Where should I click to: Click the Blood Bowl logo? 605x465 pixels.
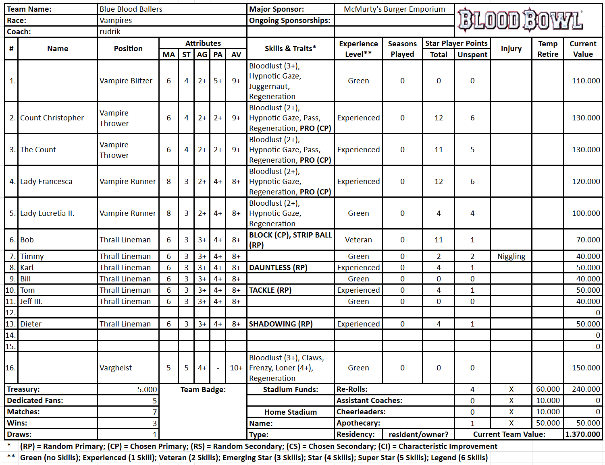pos(520,20)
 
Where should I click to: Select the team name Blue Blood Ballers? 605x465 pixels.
pos(131,9)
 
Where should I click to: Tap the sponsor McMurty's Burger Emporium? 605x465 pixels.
pos(394,9)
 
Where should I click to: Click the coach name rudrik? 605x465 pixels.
pos(110,32)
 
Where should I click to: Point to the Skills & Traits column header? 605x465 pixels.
pos(290,49)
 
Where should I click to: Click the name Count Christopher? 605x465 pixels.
pos(52,118)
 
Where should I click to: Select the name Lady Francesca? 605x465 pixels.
pos(46,182)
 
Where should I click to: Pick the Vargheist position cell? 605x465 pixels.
pos(116,368)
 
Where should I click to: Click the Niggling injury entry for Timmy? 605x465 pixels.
pos(511,256)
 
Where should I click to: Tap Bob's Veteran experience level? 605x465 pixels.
pos(358,240)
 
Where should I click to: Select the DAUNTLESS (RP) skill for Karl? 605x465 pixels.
pos(278,268)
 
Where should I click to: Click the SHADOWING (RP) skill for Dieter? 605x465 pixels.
pos(281,324)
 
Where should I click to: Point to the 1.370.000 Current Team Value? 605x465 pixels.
pos(582,434)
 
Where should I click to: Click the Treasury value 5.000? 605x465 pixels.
pos(147,390)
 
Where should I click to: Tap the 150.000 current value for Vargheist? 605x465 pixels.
pos(586,368)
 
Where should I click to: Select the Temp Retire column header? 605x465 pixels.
pos(547,49)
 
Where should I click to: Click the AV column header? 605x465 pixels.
pos(236,55)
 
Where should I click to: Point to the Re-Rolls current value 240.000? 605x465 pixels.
pos(586,389)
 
